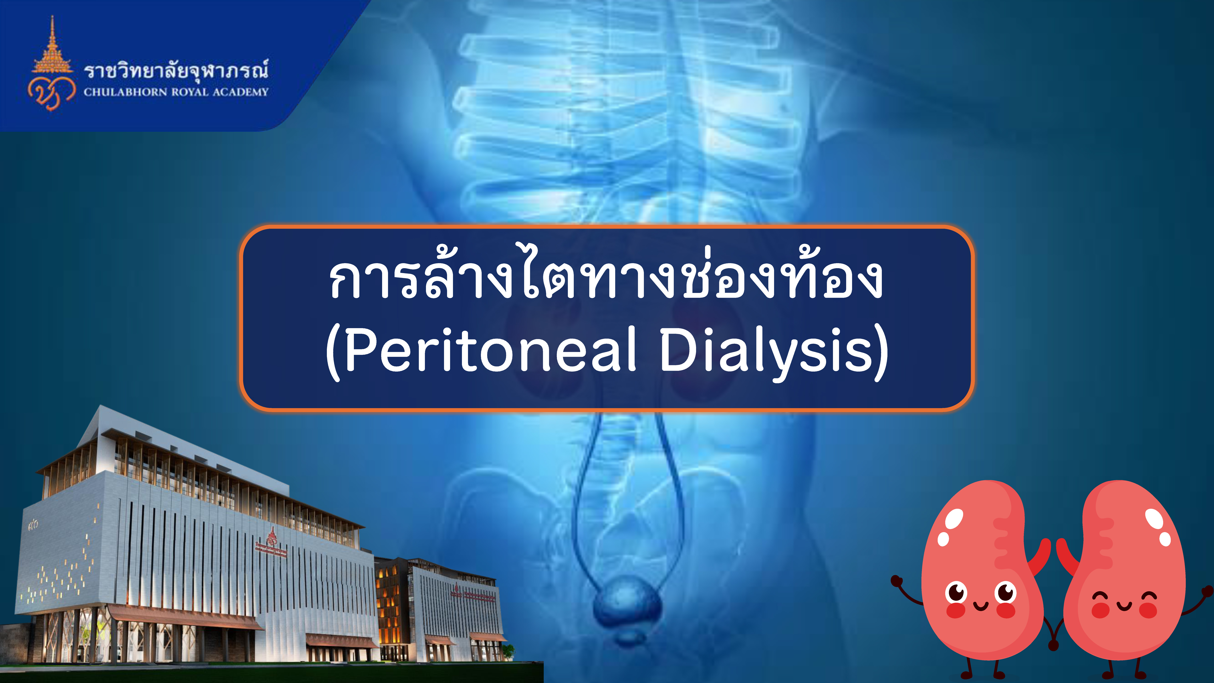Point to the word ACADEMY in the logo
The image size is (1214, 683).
tap(240, 92)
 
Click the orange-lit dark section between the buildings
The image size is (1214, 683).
tap(391, 608)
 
